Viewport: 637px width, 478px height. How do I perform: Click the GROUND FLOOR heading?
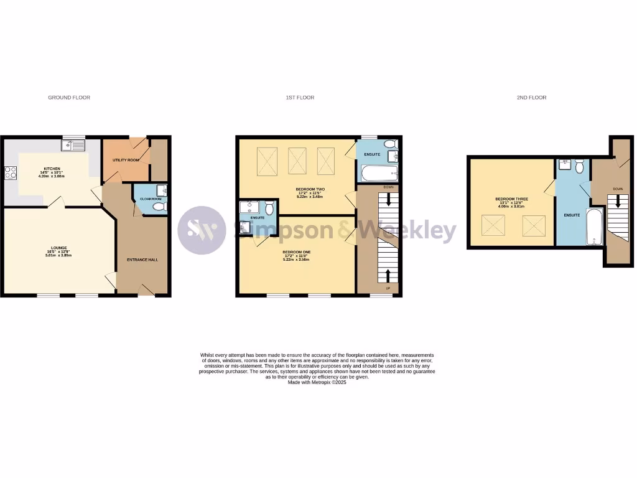click(x=69, y=98)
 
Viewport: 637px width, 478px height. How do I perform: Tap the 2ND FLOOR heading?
click(x=532, y=98)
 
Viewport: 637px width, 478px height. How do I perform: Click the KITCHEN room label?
click(x=44, y=172)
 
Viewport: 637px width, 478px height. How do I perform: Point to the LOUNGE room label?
click(x=60, y=248)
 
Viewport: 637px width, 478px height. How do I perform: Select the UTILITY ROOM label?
click(x=124, y=160)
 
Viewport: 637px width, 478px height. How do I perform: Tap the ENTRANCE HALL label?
click(x=142, y=260)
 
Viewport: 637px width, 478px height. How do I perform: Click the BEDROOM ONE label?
click(x=296, y=251)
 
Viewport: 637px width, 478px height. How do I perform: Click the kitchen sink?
click(x=72, y=146)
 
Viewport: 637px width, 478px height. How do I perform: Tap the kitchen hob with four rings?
click(x=11, y=172)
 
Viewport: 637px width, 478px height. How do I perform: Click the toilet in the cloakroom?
click(x=159, y=207)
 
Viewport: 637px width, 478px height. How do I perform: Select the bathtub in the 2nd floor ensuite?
click(x=595, y=227)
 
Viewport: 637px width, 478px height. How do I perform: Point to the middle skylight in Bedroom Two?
click(x=298, y=161)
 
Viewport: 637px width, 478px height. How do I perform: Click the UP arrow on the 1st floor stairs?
click(x=389, y=276)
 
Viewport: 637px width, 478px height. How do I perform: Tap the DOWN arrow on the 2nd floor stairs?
click(x=617, y=202)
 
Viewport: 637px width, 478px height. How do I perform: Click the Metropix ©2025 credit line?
click(x=317, y=382)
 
